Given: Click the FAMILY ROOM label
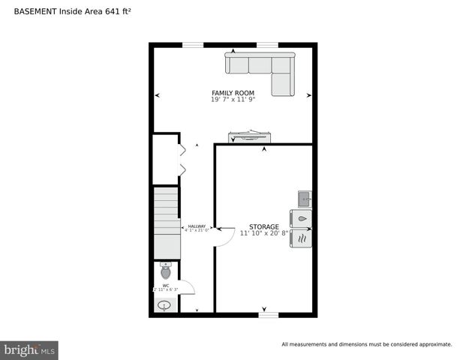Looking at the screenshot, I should tap(233, 93).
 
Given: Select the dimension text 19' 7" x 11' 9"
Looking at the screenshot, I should tap(233, 100).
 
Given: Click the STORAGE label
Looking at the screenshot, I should tap(264, 226).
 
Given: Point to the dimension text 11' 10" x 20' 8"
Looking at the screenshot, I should tap(264, 233).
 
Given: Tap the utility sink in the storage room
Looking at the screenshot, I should tap(305, 199).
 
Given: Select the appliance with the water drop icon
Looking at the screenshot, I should tap(302, 218).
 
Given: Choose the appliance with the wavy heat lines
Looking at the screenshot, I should tap(302, 238).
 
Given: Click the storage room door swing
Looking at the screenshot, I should tap(223, 237).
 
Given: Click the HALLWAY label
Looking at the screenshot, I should tap(197, 226).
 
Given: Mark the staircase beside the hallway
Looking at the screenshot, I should tap(167, 222).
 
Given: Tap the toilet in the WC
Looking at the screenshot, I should tap(166, 271).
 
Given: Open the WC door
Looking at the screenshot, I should tap(187, 287).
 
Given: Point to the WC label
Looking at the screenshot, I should tap(166, 285).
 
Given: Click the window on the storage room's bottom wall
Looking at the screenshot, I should tap(269, 315).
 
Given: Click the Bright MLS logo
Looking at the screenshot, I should tap(29, 349).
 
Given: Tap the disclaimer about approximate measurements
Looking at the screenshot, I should tap(366, 344).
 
